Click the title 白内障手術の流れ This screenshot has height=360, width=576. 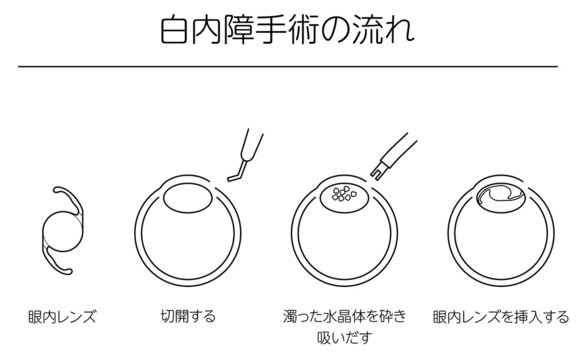[288, 30]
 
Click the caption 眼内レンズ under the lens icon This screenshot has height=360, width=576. [62, 317]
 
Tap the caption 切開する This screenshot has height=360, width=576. [188, 316]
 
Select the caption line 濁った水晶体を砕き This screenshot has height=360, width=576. [345, 316]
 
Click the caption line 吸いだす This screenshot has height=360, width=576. [345, 337]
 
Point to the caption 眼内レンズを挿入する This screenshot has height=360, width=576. [501, 317]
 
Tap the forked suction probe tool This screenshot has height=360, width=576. [393, 157]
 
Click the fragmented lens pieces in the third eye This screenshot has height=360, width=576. [344, 193]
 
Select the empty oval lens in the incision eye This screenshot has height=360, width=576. [188, 198]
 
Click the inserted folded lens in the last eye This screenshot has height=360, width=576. [501, 195]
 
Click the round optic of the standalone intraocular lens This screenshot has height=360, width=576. [63, 232]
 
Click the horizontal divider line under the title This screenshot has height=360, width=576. [288, 67]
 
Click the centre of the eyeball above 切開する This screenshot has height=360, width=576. [188, 232]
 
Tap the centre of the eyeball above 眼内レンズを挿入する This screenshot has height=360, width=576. [501, 232]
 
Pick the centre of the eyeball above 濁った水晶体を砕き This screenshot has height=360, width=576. [345, 232]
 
